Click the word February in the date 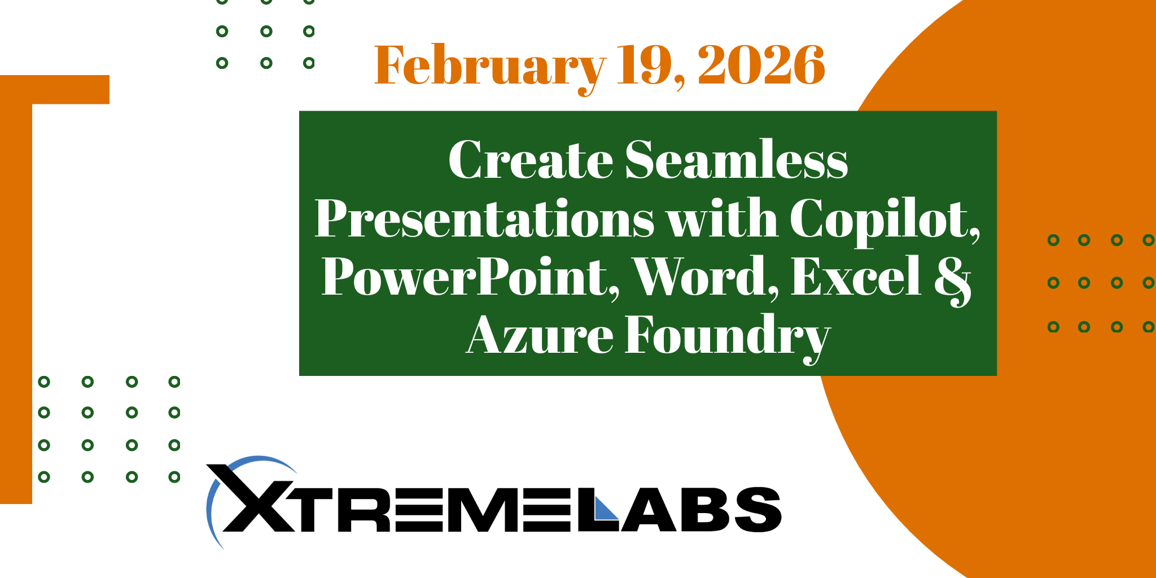[489, 67]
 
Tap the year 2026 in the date [761, 65]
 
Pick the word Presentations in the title [484, 219]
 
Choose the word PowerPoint [470, 277]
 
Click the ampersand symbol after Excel [953, 279]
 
